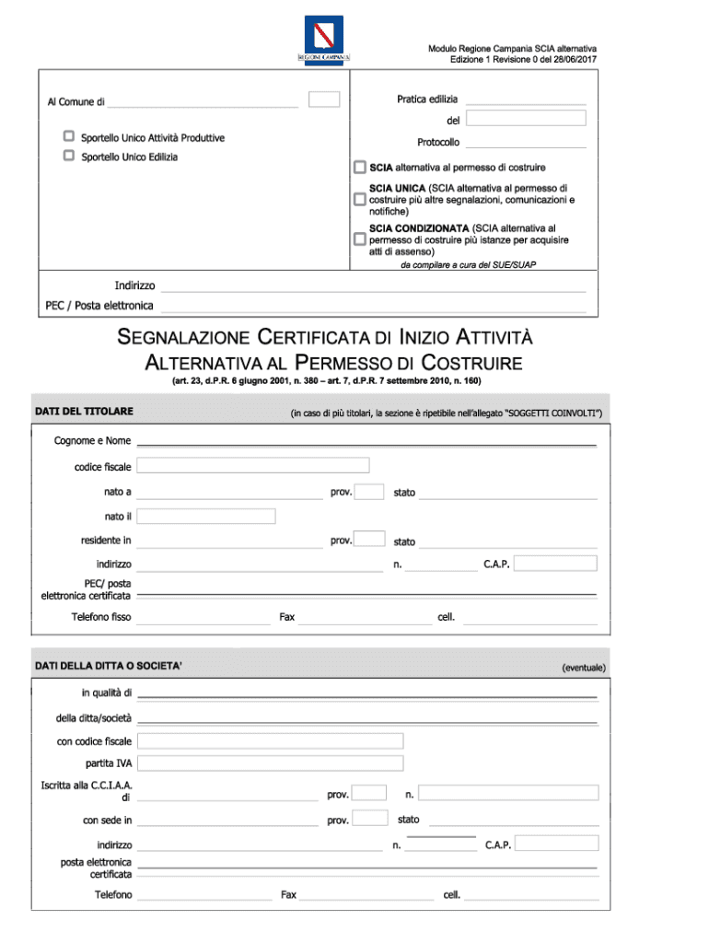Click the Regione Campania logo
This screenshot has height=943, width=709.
pyautogui.click(x=323, y=40)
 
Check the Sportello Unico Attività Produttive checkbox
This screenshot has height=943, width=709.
pyautogui.click(x=68, y=136)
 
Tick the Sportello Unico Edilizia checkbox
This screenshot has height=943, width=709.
pyautogui.click(x=68, y=156)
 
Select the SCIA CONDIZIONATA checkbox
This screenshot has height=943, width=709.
pyautogui.click(x=360, y=239)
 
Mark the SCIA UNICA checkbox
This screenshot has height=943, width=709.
pyautogui.click(x=360, y=199)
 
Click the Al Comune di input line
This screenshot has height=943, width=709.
pyautogui.click(x=203, y=102)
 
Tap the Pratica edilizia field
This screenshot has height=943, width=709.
pyautogui.click(x=525, y=99)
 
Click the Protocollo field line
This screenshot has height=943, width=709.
pyautogui.click(x=525, y=143)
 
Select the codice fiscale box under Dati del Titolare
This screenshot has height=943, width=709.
pyautogui.click(x=253, y=465)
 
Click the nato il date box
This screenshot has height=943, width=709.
pyautogui.click(x=206, y=516)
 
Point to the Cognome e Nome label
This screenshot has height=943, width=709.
pyautogui.click(x=92, y=441)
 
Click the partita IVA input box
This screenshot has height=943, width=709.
pyautogui.click(x=271, y=763)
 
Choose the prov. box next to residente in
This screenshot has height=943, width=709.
pyautogui.click(x=369, y=540)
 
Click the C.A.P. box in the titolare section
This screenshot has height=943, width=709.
pyautogui.click(x=555, y=563)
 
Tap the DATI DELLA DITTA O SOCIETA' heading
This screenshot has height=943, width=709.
pyautogui.click(x=108, y=665)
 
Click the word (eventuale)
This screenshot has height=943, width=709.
pyautogui.click(x=584, y=667)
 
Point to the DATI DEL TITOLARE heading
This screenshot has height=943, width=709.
pyautogui.click(x=84, y=411)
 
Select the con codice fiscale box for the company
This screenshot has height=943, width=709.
pyautogui.click(x=271, y=741)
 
